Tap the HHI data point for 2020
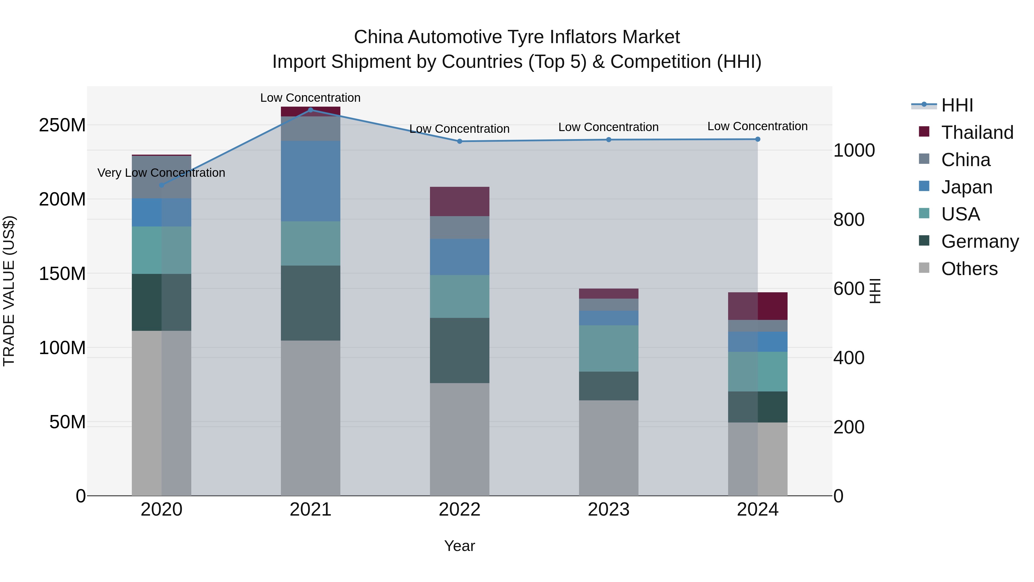coord(161,185)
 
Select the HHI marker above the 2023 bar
coord(609,140)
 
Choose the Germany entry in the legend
coord(979,241)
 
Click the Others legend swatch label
coord(969,269)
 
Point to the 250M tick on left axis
coord(62,125)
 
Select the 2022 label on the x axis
coord(459,510)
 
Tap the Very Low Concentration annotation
coord(161,173)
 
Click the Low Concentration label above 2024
coord(757,126)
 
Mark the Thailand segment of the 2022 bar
coord(459,202)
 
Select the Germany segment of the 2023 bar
coord(609,386)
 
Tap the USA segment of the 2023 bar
coord(609,348)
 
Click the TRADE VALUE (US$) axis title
coord(9,291)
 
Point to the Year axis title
coord(459,546)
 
